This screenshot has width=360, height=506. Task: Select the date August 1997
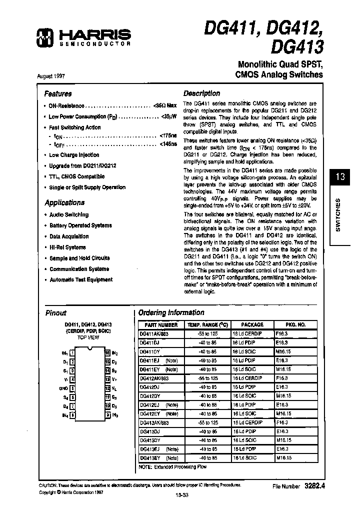[x=51, y=76]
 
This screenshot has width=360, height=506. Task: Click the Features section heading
[x=58, y=93]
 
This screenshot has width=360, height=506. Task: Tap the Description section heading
[x=201, y=93]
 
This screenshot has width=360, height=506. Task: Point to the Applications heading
[x=64, y=202]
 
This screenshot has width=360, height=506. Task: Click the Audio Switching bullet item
[x=69, y=214]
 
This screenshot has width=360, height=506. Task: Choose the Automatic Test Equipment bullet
[x=81, y=280]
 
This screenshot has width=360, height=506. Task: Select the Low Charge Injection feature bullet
[x=74, y=155]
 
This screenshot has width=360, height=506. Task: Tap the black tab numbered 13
[x=340, y=177]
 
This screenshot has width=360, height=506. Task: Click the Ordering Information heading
[x=171, y=312]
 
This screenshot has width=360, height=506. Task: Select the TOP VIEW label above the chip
[x=88, y=337]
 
